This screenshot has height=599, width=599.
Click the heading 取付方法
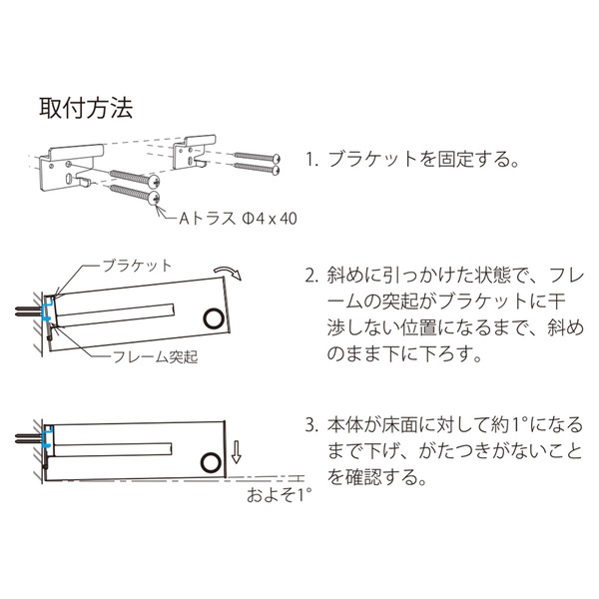[86, 108]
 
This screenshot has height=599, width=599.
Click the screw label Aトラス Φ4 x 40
[238, 219]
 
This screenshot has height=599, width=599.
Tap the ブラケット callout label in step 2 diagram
[137, 266]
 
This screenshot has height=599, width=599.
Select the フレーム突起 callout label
[155, 356]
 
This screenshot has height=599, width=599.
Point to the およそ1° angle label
[279, 495]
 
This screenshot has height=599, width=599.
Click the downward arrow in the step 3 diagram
[236, 452]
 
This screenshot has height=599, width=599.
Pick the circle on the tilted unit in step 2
[214, 318]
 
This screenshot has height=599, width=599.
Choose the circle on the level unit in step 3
[211, 463]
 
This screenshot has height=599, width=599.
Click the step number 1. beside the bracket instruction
[311, 160]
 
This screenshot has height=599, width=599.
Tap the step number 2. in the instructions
[311, 276]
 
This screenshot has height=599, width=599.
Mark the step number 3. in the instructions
[311, 425]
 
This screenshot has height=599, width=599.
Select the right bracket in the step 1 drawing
[194, 152]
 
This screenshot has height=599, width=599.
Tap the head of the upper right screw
[277, 158]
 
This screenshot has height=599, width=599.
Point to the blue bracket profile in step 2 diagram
[47, 309]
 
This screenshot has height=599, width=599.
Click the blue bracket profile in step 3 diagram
[47, 437]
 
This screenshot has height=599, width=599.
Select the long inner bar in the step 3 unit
[112, 450]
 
